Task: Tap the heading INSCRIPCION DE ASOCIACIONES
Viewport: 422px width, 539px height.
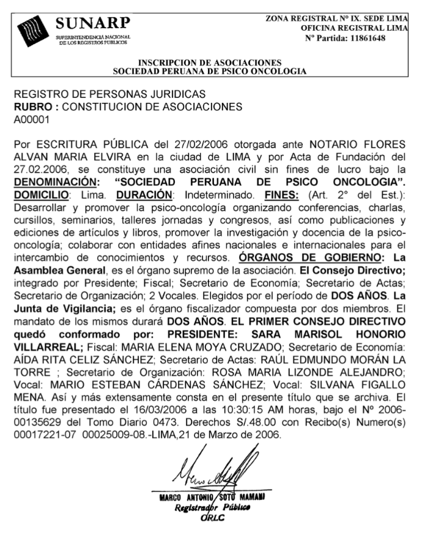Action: (x=210, y=62)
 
